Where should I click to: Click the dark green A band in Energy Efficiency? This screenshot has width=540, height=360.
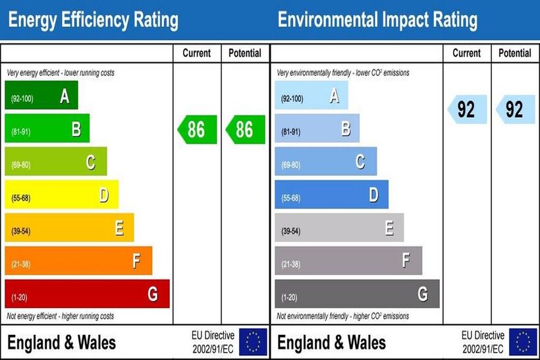tap(41, 95)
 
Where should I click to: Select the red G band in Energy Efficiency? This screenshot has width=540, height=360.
tap(87, 294)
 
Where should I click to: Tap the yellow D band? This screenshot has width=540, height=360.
tap(61, 195)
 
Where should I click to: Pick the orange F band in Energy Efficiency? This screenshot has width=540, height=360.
tap(78, 261)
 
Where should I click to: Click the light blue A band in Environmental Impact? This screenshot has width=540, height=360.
tap(311, 95)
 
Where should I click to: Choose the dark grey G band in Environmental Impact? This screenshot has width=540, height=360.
tap(356, 294)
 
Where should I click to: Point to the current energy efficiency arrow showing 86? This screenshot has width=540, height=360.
tap(196, 129)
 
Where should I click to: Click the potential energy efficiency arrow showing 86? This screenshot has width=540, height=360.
tap(244, 129)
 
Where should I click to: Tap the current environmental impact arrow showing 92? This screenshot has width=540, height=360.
tap(466, 109)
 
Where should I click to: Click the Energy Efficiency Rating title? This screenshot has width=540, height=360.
tap(93, 20)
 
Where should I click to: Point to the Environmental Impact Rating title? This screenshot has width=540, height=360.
tap(377, 20)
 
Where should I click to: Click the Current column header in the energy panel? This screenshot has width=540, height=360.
tap(197, 53)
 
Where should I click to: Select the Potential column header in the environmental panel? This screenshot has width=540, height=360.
tap(515, 53)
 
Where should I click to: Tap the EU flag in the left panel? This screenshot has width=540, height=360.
tap(253, 342)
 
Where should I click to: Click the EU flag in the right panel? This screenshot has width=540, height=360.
tap(524, 342)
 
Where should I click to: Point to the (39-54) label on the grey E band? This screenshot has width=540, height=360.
tap(290, 232)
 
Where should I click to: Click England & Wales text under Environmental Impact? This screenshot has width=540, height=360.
tap(331, 343)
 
